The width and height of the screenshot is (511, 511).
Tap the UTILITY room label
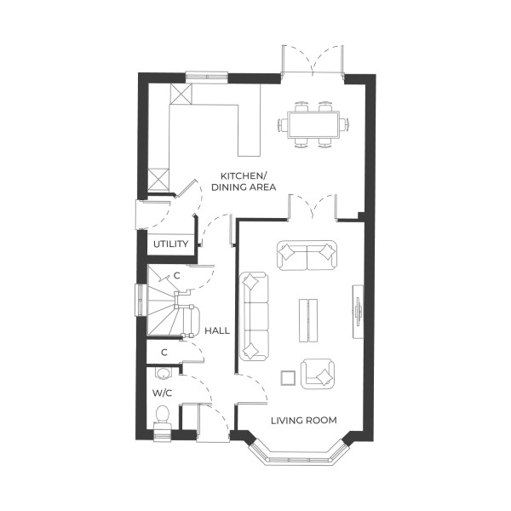(x=169, y=244)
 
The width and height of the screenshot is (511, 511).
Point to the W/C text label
(x=162, y=393)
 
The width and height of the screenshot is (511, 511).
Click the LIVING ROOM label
(x=303, y=420)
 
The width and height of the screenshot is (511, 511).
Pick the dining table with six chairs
(x=313, y=124)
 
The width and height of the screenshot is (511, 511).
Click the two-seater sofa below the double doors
(x=307, y=254)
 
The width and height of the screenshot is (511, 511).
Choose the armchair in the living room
(x=318, y=374)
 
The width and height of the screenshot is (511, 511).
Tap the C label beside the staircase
(x=177, y=276)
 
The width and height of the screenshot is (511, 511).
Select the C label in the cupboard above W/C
(x=163, y=352)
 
